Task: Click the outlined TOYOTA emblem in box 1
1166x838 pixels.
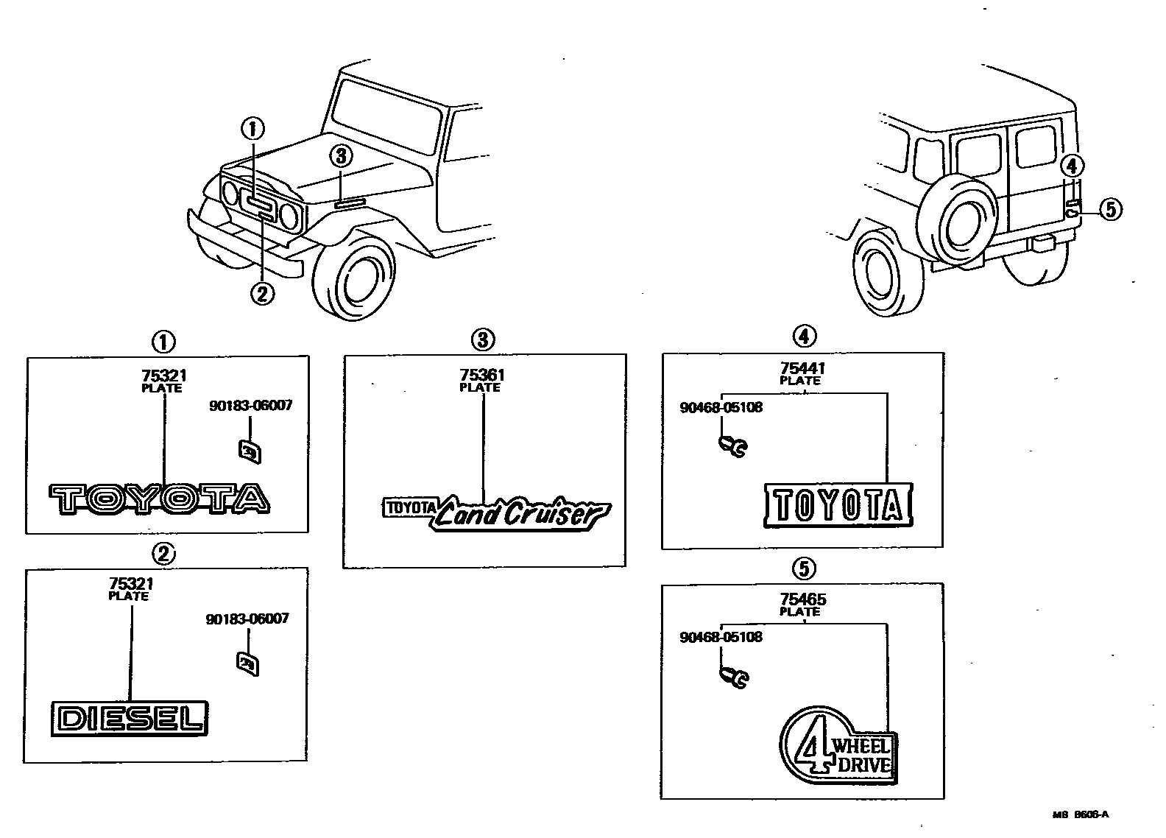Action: click(159, 499)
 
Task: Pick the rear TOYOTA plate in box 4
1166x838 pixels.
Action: click(838, 505)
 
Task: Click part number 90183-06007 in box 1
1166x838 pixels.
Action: click(250, 406)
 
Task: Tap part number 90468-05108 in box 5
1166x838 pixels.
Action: click(721, 637)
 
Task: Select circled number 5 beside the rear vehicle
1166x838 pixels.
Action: click(1110, 209)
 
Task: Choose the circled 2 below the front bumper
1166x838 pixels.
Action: click(262, 293)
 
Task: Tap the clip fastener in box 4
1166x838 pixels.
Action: click(732, 445)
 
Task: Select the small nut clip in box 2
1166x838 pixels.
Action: click(248, 663)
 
